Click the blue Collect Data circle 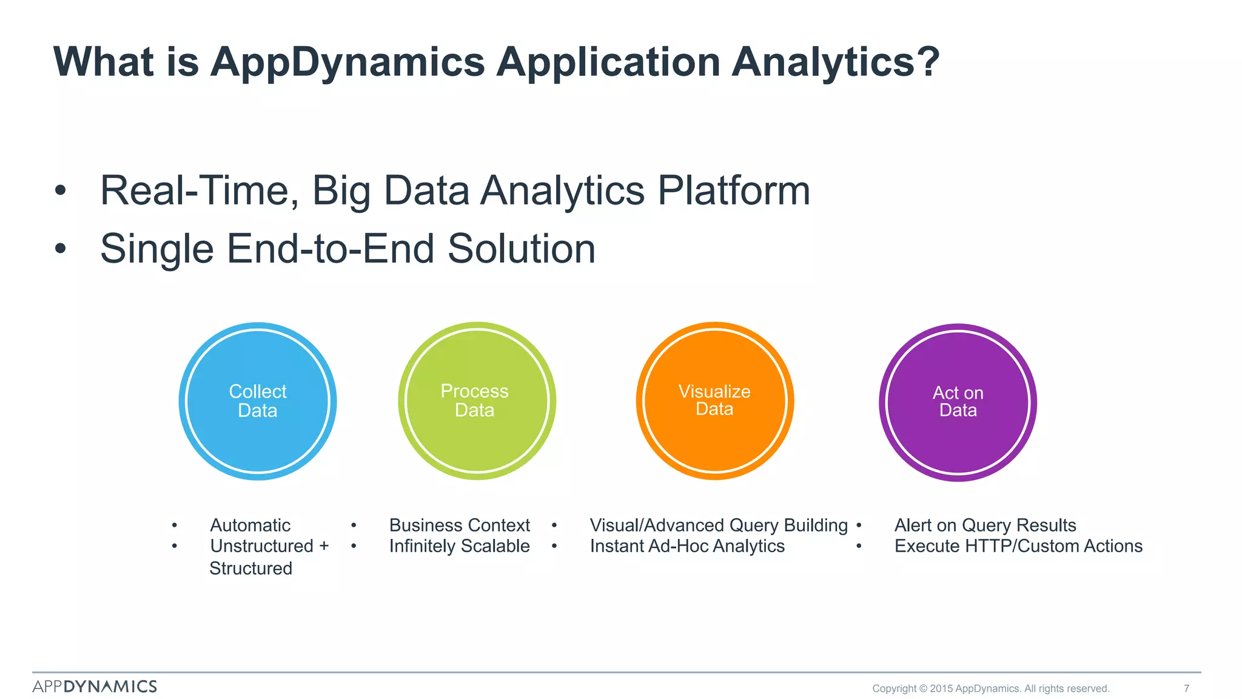258,401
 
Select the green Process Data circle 477,401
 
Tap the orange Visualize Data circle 715,401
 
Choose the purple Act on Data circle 958,402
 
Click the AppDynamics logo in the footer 95,686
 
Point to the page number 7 1186,688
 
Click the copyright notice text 990,688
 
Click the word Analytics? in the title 835,62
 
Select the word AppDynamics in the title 347,62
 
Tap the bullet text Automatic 250,525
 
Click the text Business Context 459,525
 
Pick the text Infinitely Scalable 459,546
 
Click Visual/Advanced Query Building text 719,525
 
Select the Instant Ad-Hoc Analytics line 687,546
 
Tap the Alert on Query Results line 985,525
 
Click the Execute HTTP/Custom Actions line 1018,546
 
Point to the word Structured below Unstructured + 250,569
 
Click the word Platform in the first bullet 734,191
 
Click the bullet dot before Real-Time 59,191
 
